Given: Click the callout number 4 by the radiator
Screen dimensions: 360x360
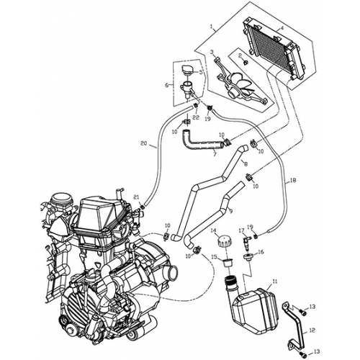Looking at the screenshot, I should click(282, 29).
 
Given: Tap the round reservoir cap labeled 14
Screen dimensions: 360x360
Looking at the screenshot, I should click(230, 239).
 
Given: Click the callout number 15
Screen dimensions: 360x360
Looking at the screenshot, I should click(213, 257).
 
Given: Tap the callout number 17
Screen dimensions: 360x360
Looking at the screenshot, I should click(242, 230).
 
